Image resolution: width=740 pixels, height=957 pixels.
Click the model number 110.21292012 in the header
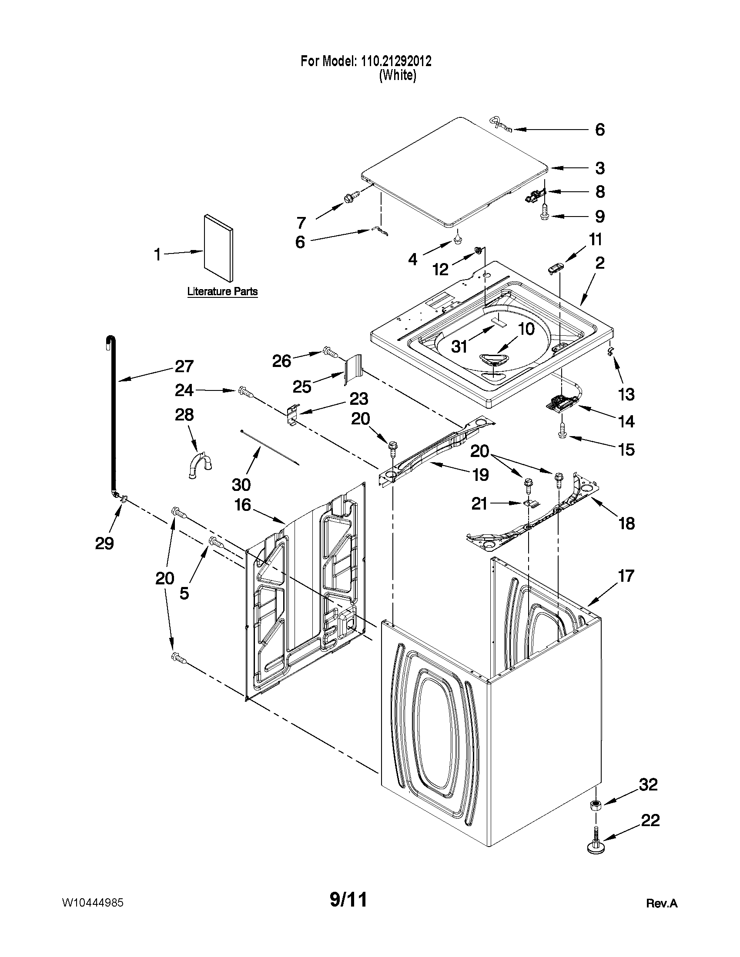tap(396, 61)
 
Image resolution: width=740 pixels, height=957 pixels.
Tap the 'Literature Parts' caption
tap(222, 291)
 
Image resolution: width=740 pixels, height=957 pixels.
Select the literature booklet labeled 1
tap(218, 247)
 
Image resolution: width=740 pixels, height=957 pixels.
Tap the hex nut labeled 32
tap(595, 805)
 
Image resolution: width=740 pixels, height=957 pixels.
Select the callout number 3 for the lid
tap(600, 168)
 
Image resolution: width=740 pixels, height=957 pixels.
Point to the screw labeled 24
tap(245, 391)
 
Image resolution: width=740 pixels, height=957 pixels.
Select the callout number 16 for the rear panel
tap(242, 505)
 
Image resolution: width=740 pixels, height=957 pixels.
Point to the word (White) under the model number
tap(397, 75)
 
